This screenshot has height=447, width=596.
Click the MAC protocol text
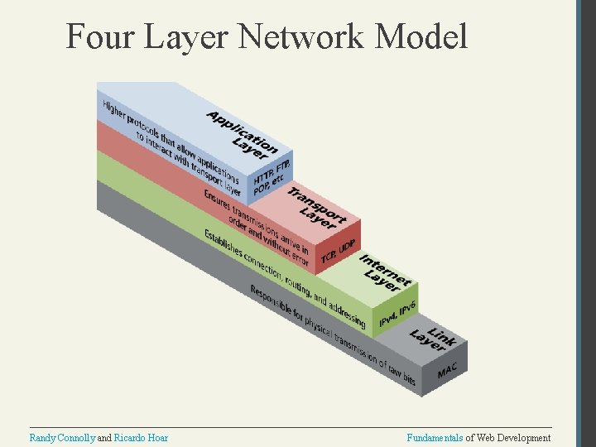447,371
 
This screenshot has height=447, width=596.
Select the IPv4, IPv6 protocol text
397,315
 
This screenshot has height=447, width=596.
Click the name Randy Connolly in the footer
62,438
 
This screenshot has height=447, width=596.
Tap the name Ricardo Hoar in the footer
141,438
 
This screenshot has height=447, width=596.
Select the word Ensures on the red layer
217,199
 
